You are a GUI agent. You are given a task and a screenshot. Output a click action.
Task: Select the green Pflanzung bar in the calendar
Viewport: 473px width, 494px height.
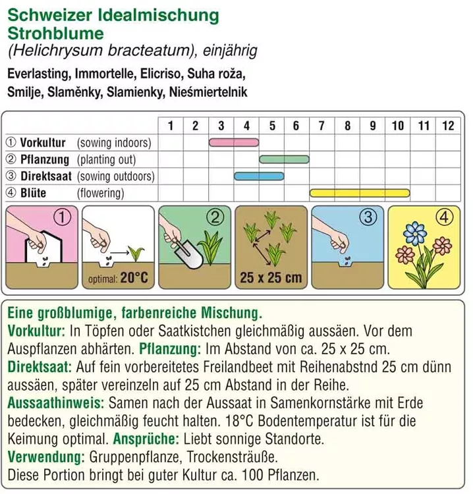point(284,159)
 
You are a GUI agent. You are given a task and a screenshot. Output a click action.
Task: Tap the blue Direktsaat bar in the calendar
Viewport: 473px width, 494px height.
point(259,176)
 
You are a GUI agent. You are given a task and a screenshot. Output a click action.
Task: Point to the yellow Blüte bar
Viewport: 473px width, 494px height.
point(360,193)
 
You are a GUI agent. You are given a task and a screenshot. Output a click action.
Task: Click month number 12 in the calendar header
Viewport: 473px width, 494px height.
point(448,125)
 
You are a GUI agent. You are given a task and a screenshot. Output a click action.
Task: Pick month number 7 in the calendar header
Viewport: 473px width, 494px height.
point(322,125)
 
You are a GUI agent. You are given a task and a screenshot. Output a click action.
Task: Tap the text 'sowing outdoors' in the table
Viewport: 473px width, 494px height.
point(116,177)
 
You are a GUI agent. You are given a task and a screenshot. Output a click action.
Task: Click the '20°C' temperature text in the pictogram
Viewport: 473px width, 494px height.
point(134,278)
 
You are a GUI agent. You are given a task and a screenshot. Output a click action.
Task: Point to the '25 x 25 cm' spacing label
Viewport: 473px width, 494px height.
point(271,278)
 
